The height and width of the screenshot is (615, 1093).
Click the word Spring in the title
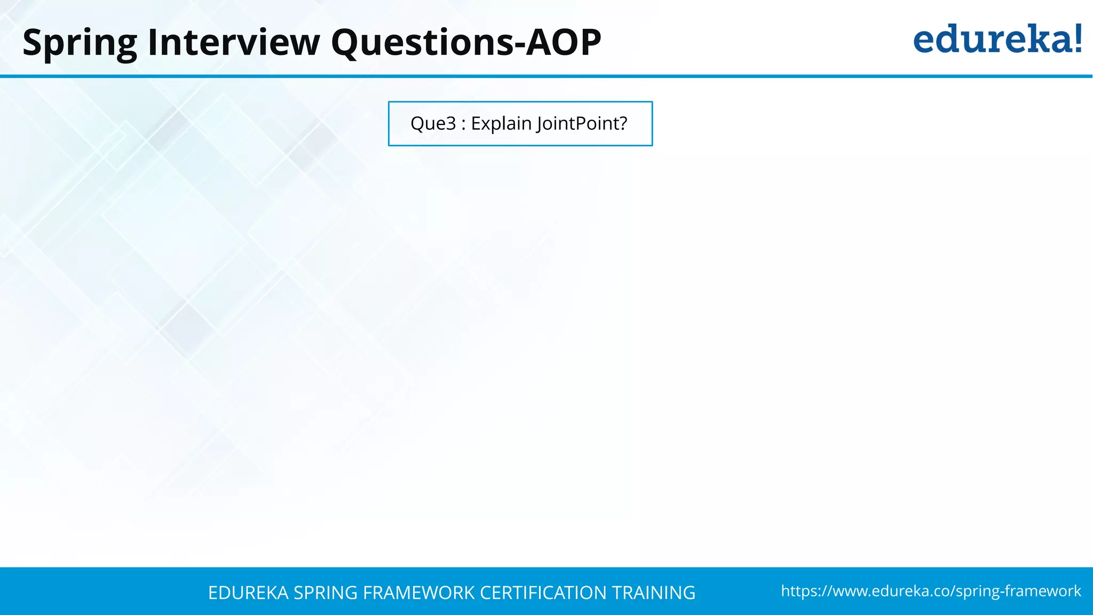(x=80, y=43)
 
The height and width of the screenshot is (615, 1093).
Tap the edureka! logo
(x=997, y=40)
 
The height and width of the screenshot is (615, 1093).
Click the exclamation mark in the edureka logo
(x=1078, y=38)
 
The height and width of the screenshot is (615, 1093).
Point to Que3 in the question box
(x=433, y=123)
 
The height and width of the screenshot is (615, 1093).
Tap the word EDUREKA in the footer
(x=248, y=593)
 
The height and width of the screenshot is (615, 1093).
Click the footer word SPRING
(x=326, y=593)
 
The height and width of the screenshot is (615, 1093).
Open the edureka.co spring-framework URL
(x=930, y=591)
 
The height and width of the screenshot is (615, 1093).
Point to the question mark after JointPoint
(x=623, y=123)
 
